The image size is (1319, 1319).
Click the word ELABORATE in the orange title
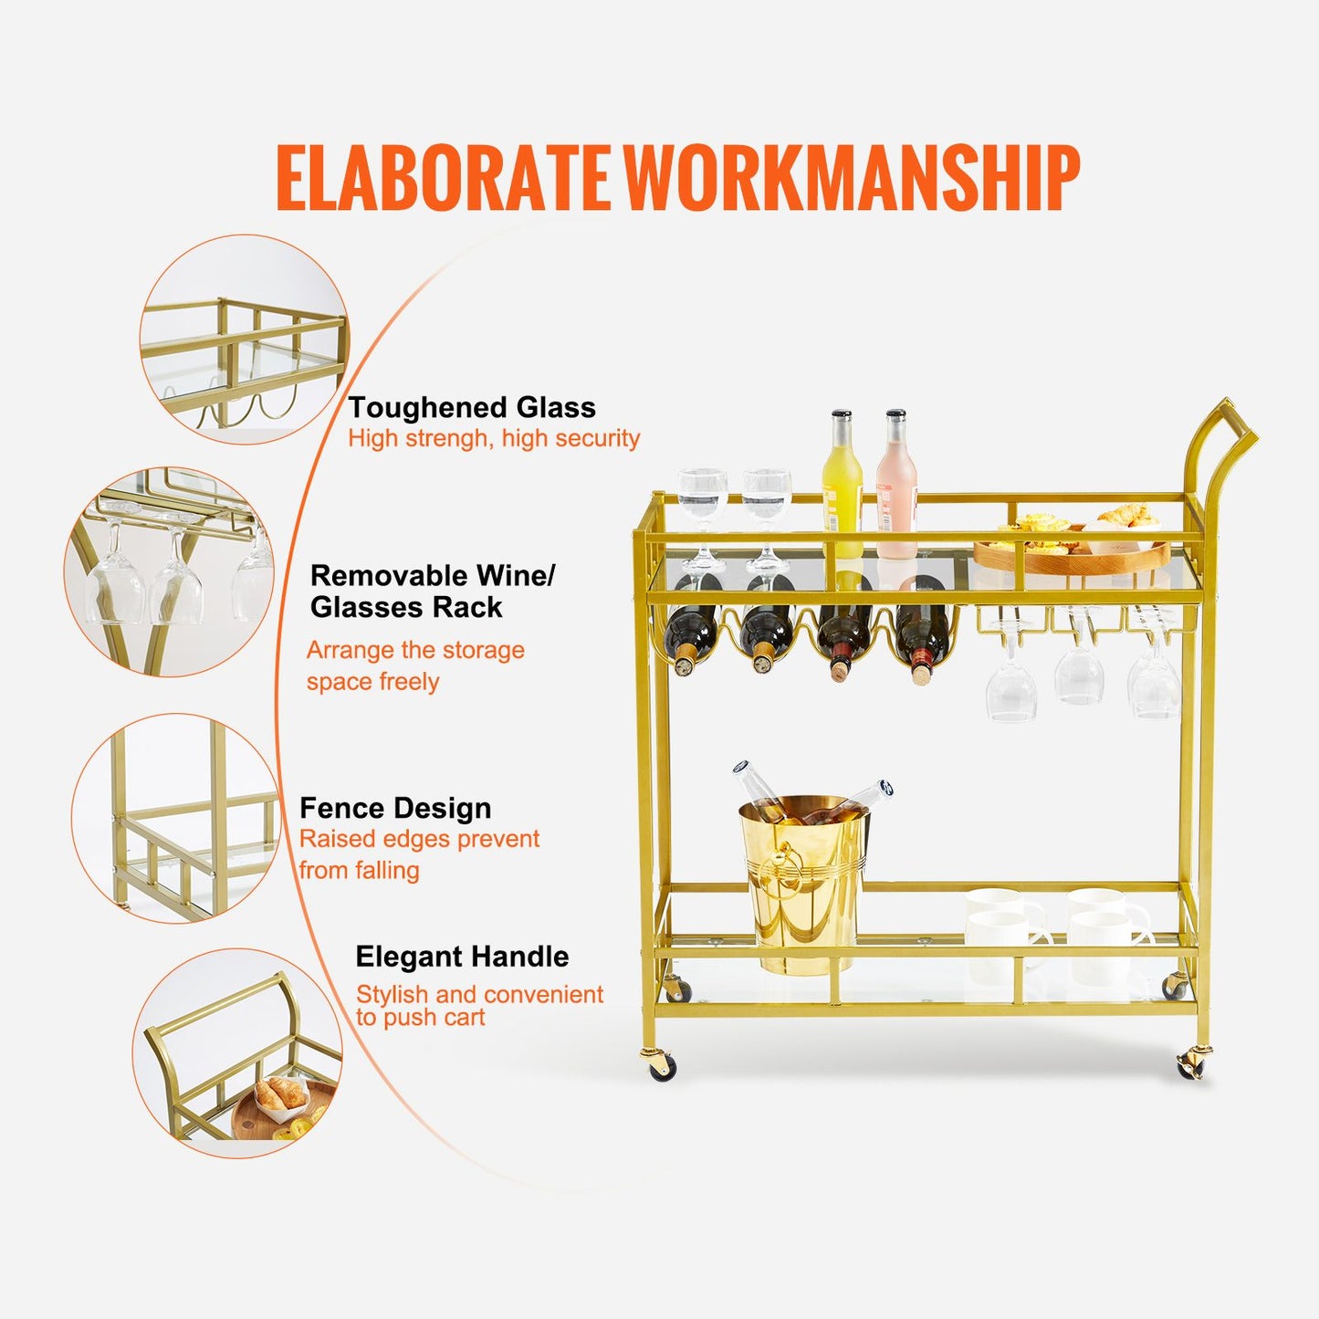tap(442, 177)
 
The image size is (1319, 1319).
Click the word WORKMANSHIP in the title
tap(853, 177)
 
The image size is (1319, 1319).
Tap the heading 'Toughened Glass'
tap(472, 408)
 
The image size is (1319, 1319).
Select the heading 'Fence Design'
tap(395, 809)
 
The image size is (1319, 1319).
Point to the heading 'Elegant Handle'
tap(462, 957)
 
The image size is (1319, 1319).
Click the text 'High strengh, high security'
tap(494, 438)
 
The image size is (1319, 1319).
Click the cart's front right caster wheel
tap(1192, 1065)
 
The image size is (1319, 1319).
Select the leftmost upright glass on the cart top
tap(702, 521)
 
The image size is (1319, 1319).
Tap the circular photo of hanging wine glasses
tap(169, 572)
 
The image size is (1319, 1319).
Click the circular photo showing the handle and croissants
tap(237, 1053)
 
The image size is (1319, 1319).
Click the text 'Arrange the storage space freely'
tap(414, 665)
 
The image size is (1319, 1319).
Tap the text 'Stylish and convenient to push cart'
tap(479, 1006)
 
